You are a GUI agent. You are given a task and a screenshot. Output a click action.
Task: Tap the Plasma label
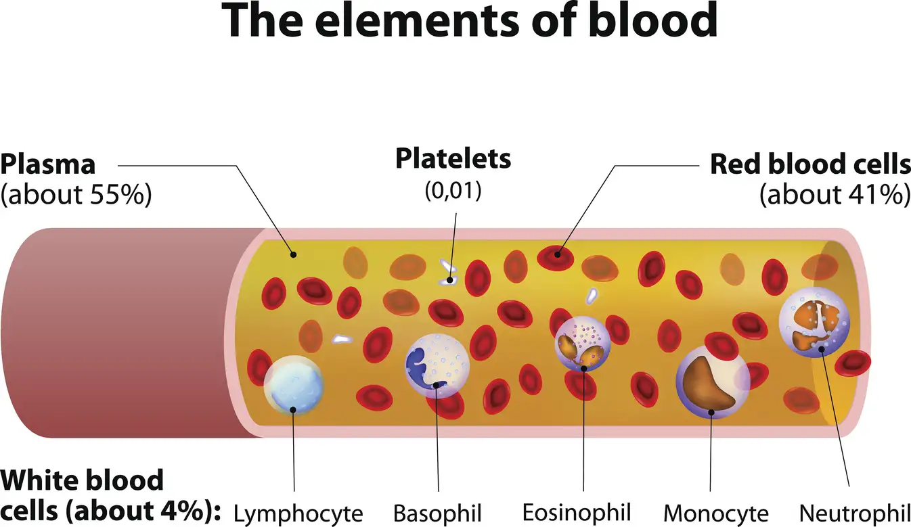48,164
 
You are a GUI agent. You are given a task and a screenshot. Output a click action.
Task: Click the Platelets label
453,160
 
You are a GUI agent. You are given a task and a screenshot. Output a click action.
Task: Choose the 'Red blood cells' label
809,164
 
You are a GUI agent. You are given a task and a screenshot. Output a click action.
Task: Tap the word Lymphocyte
298,512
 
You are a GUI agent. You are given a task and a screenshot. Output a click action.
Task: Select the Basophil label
438,512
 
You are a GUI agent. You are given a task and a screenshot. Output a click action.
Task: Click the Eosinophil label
577,511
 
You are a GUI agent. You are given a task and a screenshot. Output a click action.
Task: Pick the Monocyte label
716,512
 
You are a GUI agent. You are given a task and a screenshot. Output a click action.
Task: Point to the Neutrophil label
851,511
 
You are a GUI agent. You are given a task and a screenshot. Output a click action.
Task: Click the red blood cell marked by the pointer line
556,256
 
